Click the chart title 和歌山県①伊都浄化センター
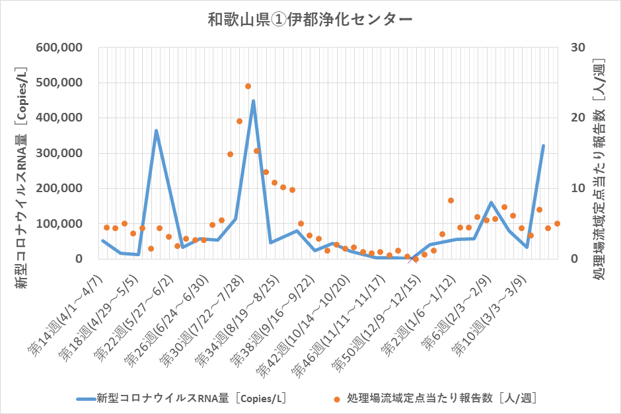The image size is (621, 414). (310, 20)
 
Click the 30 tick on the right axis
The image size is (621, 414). (578, 48)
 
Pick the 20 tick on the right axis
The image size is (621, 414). (578, 118)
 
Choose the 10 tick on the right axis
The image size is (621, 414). (578, 188)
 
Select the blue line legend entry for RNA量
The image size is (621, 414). (182, 398)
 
